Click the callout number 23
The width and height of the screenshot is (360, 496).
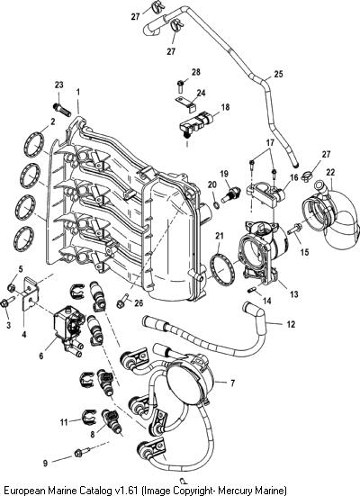click(x=58, y=85)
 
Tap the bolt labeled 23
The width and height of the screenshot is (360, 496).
click(x=62, y=110)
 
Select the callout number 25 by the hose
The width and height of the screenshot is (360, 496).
click(x=278, y=75)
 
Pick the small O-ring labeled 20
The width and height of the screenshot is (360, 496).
click(x=216, y=206)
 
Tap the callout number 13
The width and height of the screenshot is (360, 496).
click(x=294, y=293)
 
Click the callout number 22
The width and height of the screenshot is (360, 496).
click(x=330, y=173)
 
